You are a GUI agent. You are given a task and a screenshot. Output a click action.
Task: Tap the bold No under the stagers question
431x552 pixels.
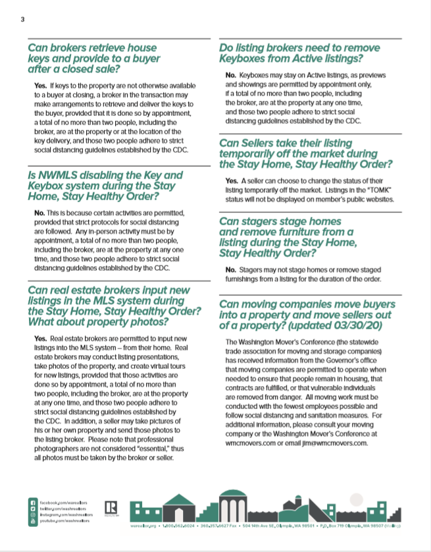230,269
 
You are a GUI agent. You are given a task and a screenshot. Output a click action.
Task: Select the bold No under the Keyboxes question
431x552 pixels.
230,76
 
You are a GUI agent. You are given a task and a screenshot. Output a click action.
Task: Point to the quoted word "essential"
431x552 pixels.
140,449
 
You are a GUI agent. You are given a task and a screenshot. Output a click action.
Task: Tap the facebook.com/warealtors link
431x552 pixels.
66,503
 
